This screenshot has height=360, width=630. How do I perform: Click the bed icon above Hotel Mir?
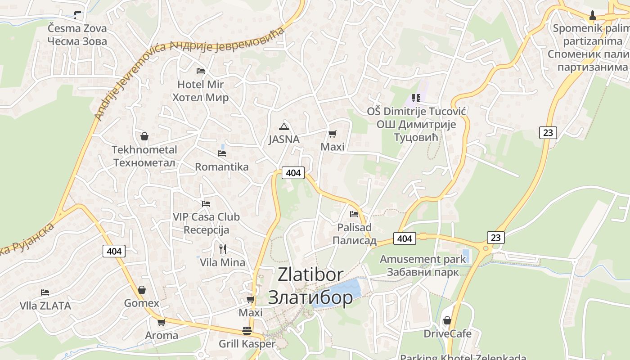coord(201,71)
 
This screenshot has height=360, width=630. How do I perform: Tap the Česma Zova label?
coord(77,29)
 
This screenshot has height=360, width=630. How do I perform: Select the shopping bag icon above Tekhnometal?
coord(144,136)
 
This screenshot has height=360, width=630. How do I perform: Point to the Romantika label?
coord(221,167)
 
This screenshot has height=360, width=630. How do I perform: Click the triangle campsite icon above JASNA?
coord(283,126)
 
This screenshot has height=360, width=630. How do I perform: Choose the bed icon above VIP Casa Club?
coord(206,204)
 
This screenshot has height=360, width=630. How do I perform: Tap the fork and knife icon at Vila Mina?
coord(222,249)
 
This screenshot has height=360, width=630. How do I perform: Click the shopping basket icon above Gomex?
coord(142,290)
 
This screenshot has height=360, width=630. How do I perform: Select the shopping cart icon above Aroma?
coord(161,322)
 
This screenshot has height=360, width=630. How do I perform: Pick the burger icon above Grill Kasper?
coord(247,331)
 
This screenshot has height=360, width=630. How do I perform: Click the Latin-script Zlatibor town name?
coord(310,274)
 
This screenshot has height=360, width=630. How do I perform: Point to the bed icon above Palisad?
coord(354,214)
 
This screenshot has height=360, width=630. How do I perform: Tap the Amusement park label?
coord(423,259)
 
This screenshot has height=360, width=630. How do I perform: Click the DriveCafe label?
coord(447,334)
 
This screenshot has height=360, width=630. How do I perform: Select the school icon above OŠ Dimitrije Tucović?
coord(416,98)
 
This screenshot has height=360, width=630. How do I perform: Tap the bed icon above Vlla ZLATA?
coord(45,292)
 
